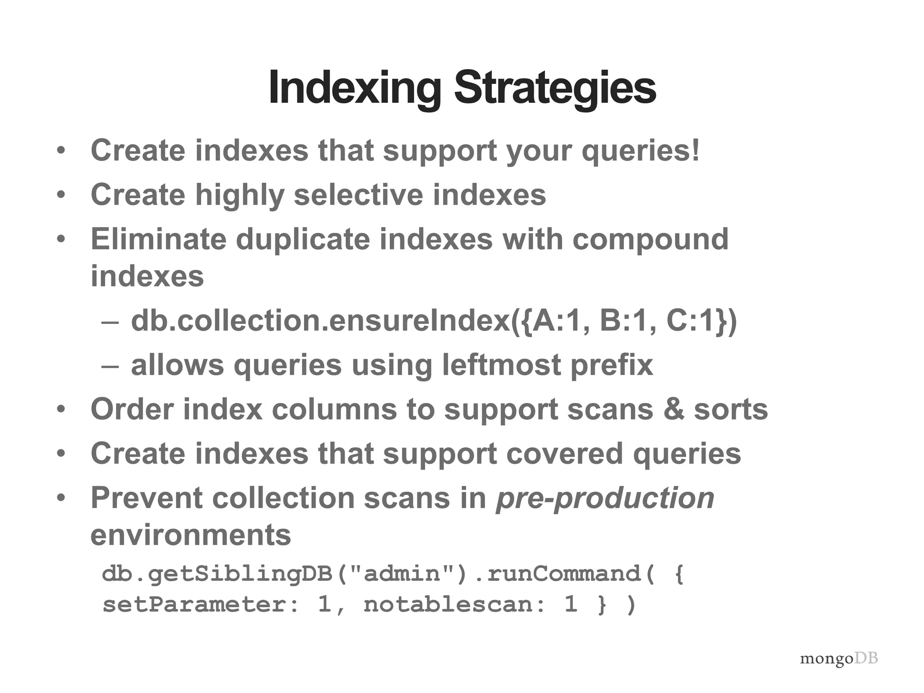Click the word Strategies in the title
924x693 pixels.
pyautogui.click(x=554, y=88)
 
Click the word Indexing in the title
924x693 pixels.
pyautogui.click(x=355, y=88)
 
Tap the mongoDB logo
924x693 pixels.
pyautogui.click(x=839, y=659)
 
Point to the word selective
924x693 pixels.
pyautogui.click(x=358, y=195)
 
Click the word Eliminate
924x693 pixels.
pyautogui.click(x=158, y=239)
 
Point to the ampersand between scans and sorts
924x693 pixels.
pyautogui.click(x=674, y=409)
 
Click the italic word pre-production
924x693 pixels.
pyautogui.click(x=605, y=499)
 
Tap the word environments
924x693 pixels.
pyautogui.click(x=191, y=535)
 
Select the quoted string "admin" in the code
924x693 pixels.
pyautogui.click(x=402, y=574)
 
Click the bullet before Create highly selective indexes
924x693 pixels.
pyautogui.click(x=61, y=195)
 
